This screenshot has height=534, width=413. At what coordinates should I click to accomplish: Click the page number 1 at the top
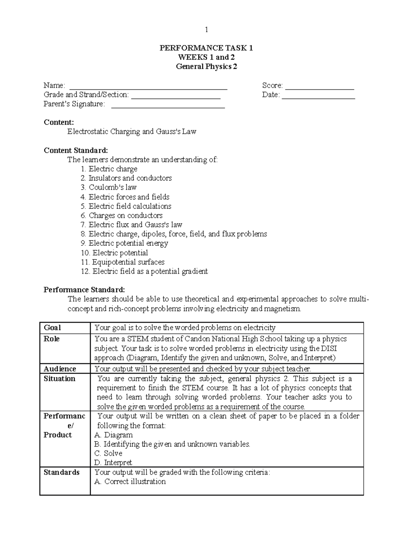206,30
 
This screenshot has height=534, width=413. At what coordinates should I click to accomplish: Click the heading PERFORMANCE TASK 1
206,48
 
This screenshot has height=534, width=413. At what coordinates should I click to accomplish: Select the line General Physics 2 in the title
206,67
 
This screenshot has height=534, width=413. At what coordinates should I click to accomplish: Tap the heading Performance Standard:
84,290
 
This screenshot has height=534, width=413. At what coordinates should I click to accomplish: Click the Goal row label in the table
52,328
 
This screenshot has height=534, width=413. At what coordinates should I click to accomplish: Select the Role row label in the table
52,339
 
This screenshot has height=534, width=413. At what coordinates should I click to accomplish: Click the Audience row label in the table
60,369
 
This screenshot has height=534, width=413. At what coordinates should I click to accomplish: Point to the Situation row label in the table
59,379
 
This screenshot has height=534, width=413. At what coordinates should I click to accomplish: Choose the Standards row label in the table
61,472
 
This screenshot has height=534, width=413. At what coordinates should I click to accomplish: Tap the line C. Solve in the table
108,453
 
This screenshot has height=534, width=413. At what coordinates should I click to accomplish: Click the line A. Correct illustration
130,482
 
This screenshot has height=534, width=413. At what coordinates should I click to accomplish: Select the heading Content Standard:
76,150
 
